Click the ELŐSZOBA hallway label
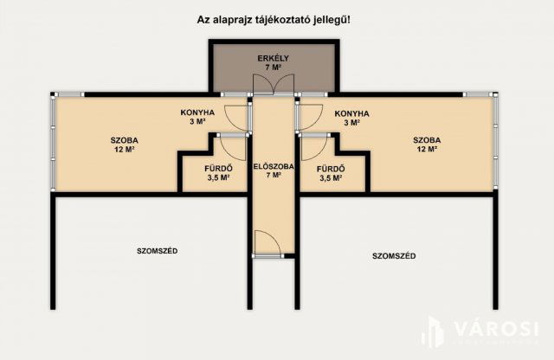274,170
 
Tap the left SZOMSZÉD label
158,251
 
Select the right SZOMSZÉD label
394,255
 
